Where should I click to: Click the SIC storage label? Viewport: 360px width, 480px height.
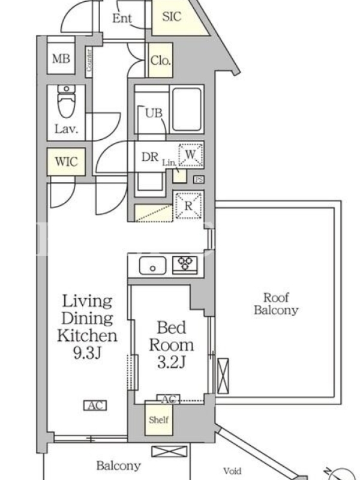point(172,16)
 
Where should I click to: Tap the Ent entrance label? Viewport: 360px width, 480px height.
point(122,19)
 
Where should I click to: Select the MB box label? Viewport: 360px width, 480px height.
point(61,58)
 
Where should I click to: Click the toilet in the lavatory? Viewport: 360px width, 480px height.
point(66,101)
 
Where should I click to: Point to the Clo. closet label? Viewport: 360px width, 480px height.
point(160,61)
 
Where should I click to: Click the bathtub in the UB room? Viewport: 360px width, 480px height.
point(187,110)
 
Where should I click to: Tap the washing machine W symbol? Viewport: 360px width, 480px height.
point(190,155)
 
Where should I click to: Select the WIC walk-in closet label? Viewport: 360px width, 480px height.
point(66,161)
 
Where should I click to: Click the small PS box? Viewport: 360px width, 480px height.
point(199,179)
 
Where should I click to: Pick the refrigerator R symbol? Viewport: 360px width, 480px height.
point(188,205)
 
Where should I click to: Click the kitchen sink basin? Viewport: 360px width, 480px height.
point(152,265)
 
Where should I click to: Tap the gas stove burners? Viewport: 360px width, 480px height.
point(185,263)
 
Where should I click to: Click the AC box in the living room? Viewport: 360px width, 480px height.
point(95,406)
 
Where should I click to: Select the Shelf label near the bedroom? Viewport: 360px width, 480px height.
point(158,419)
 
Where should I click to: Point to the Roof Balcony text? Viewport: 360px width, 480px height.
point(276,304)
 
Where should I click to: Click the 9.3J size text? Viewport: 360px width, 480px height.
point(87,353)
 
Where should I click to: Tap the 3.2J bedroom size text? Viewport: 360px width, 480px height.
point(172,363)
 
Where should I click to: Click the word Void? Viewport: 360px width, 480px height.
point(232,471)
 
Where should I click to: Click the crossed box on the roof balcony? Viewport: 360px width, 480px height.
point(223,376)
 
